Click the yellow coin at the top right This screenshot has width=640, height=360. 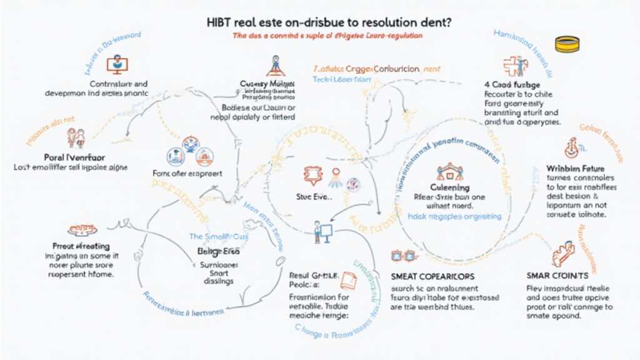pos(567,44)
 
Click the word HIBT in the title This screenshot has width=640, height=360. pos(219,21)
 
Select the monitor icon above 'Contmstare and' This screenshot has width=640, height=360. pos(115,64)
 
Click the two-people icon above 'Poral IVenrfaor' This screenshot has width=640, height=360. pos(76,137)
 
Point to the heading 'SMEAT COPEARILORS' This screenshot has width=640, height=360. pos(432,276)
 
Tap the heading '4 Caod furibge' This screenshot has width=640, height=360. pos(512,84)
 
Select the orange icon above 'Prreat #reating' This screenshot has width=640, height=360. pos(79,229)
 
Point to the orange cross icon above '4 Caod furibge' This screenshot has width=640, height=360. pos(512,66)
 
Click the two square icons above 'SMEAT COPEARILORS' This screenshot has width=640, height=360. pos(403,256)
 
